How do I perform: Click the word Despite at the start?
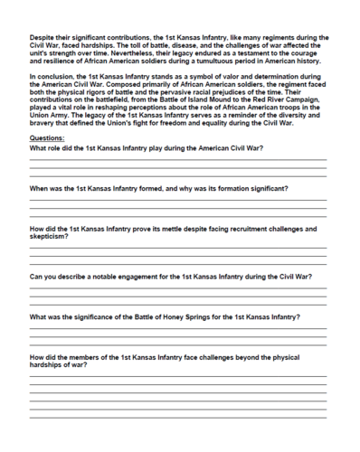[43, 37]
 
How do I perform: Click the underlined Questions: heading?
[47, 139]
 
